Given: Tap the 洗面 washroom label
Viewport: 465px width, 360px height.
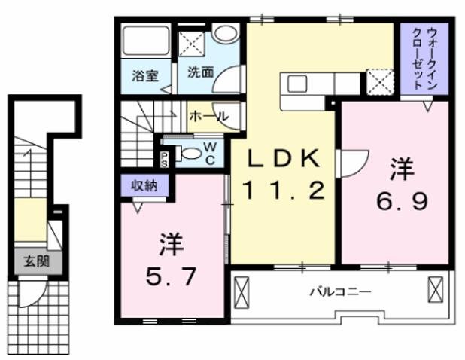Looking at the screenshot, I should tap(200, 73).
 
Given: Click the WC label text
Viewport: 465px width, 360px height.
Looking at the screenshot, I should tap(210, 153).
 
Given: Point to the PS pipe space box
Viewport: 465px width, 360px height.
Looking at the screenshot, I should tap(163, 157).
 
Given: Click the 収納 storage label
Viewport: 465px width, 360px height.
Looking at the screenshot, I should tap(144, 185).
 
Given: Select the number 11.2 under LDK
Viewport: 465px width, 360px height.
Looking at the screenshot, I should tap(284, 190).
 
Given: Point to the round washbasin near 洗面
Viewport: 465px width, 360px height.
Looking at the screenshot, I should tap(223, 35).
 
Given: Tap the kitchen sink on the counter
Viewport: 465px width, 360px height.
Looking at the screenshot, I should tap(294, 81).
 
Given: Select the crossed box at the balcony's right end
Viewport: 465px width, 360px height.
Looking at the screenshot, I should tap(436, 289).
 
